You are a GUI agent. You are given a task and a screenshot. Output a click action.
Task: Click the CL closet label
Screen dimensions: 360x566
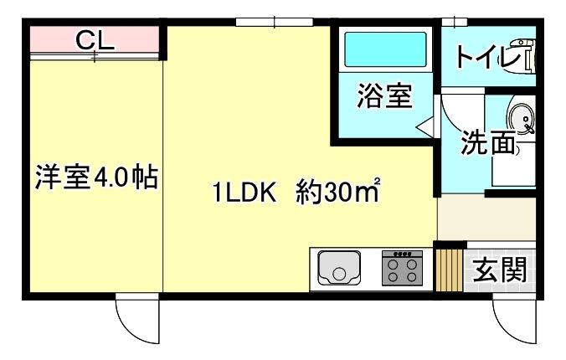pyautogui.click(x=95, y=39)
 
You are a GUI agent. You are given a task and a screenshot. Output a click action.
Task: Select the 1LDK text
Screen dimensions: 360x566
pyautogui.click(x=244, y=194)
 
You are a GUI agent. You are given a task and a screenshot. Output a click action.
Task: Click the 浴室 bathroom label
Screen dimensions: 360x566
pyautogui.click(x=383, y=97)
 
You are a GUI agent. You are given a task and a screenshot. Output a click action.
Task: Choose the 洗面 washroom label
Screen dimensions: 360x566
pyautogui.click(x=488, y=143)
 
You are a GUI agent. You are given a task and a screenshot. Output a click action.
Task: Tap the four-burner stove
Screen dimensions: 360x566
pyautogui.click(x=402, y=268)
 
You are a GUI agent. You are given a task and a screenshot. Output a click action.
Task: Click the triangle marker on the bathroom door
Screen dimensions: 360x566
pyautogui.click(x=425, y=126)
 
